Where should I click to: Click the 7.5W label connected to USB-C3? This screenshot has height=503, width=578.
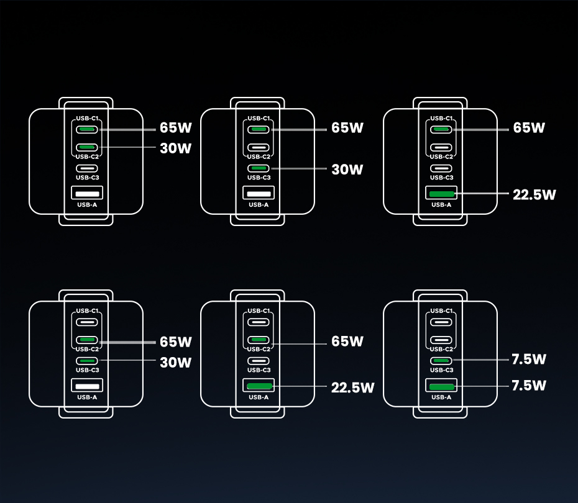click(x=528, y=359)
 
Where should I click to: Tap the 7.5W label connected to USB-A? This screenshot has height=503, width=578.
click(x=528, y=386)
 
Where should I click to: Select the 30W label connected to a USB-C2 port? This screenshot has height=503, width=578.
click(x=175, y=148)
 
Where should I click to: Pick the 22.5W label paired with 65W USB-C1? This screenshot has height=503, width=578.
click(x=534, y=194)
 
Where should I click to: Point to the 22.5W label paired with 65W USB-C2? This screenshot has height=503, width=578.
click(x=352, y=387)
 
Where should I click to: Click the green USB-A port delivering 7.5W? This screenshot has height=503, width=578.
click(x=441, y=387)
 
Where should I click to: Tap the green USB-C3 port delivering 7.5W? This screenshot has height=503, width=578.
click(x=441, y=360)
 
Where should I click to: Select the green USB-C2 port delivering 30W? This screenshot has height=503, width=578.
click(x=87, y=147)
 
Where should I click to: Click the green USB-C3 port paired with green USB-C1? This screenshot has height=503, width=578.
click(x=259, y=168)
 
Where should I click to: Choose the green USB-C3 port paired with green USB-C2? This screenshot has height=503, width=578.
click(x=87, y=360)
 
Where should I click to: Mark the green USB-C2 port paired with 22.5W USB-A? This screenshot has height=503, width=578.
click(x=259, y=340)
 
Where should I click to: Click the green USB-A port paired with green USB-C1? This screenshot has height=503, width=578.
click(x=441, y=194)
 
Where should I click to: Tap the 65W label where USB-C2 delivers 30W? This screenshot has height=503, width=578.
click(x=175, y=128)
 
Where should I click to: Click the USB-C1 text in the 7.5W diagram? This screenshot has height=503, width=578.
click(x=441, y=310)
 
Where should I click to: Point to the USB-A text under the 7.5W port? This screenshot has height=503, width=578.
click(x=441, y=397)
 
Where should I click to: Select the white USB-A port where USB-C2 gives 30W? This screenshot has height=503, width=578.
click(x=87, y=194)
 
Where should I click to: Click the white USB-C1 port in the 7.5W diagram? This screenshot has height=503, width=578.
click(x=441, y=322)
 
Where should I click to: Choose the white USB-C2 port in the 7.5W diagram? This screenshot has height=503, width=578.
click(x=441, y=340)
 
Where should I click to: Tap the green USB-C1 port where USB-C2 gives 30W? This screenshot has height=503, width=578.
click(x=87, y=129)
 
